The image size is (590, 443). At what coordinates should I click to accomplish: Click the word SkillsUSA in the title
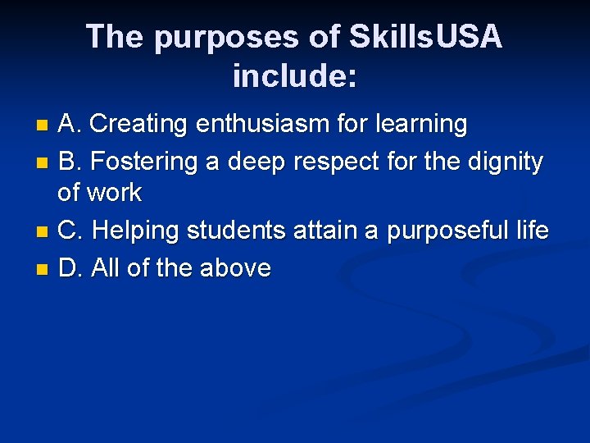(425, 37)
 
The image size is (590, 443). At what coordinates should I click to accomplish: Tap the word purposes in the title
(209, 37)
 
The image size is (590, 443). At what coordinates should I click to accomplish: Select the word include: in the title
(295, 76)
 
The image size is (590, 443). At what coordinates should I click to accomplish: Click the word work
(116, 194)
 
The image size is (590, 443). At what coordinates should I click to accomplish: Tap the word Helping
(138, 231)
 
